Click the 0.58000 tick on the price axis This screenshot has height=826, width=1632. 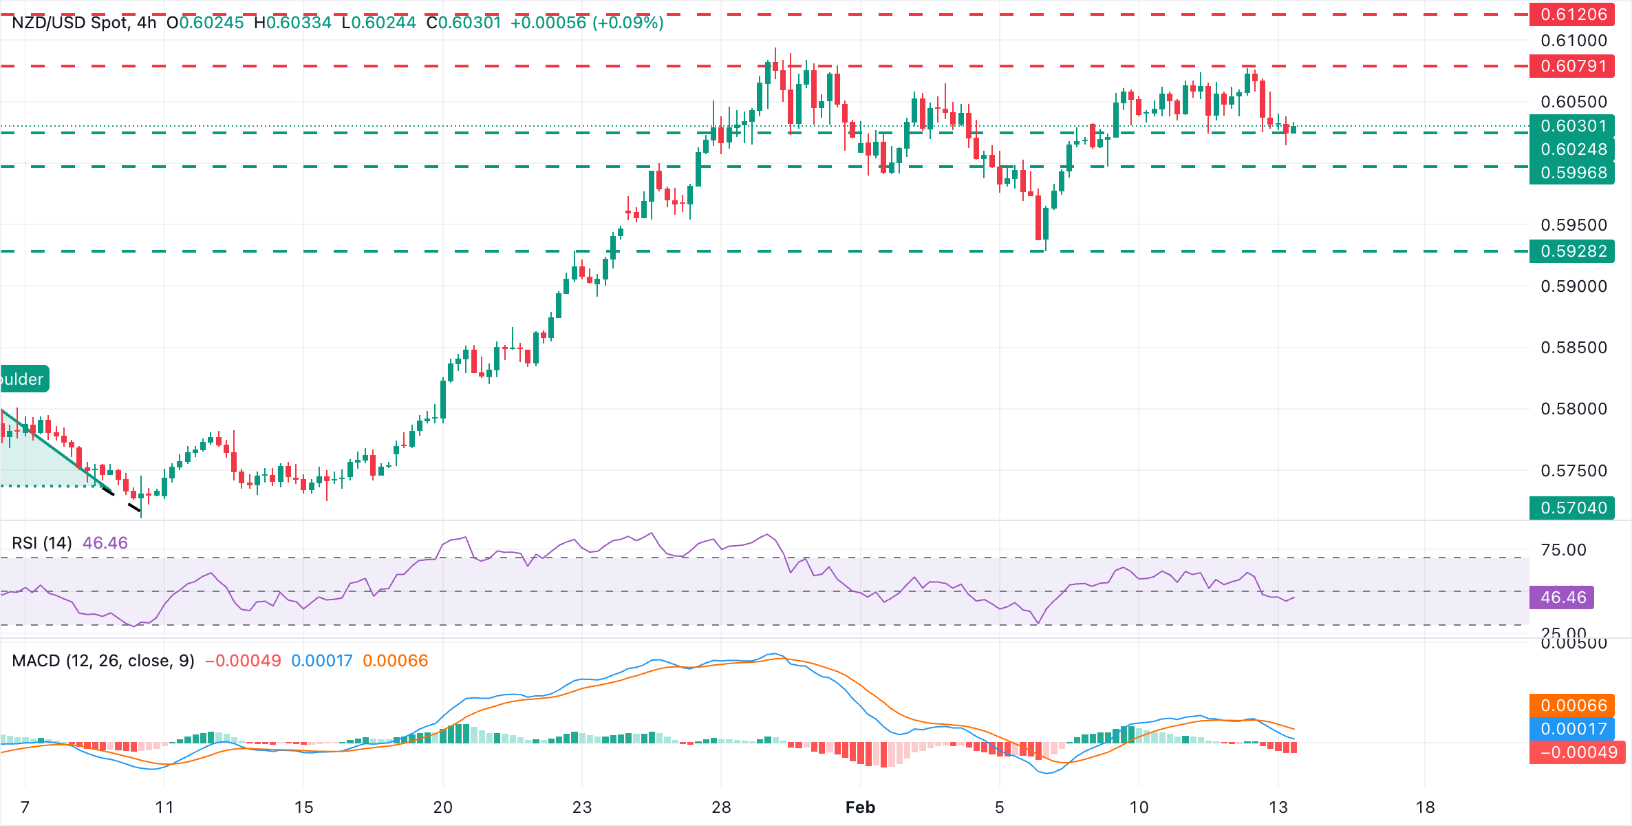pos(1574,409)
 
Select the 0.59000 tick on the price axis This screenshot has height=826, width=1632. pos(1574,286)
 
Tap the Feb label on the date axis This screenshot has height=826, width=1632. pos(860,807)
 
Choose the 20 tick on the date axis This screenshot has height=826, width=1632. pos(442,807)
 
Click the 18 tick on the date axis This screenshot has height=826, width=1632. pos(1425,807)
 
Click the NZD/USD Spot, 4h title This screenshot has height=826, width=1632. pos(84,23)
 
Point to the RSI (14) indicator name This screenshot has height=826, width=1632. pos(42,543)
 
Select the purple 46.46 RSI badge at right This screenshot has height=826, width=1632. pos(1562,597)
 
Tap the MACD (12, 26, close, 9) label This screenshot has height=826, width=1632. pos(103,661)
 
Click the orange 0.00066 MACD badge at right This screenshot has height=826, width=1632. pos(1573,706)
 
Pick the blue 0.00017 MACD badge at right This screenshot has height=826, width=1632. pos(1573,729)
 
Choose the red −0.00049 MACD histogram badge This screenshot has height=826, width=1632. pos(1577,752)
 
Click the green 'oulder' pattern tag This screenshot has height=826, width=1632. pos(23,379)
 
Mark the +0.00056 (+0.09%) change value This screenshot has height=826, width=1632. pos(587,23)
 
